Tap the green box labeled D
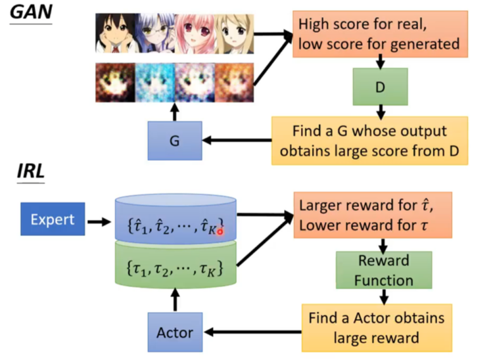(380, 87)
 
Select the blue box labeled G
(174, 140)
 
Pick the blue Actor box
(175, 333)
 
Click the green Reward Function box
(383, 270)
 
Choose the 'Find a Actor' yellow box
(376, 327)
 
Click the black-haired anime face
(115, 34)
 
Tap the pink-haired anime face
(194, 34)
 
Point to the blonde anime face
(234, 34)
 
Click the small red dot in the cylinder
(220, 232)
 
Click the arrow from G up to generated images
(175, 110)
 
